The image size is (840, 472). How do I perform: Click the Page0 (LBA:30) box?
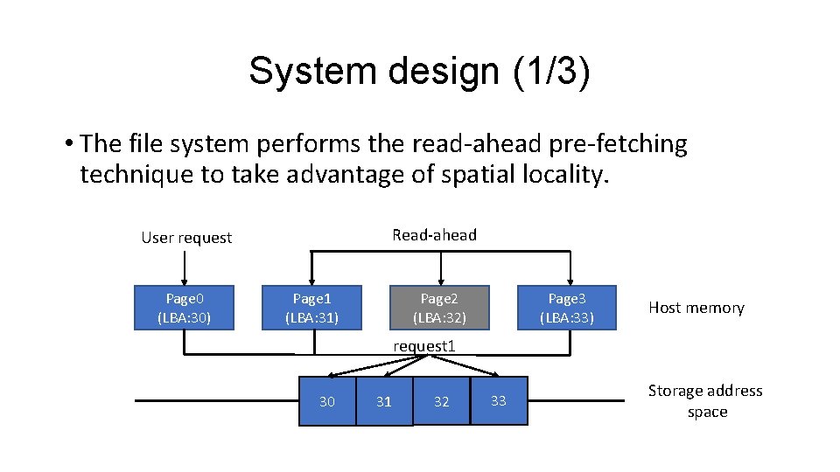coord(184,307)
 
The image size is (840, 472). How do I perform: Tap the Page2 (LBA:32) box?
coord(439,307)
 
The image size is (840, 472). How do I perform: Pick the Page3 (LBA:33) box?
coord(567,307)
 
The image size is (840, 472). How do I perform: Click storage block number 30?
coord(327,401)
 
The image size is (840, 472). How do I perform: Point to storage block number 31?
coord(383,401)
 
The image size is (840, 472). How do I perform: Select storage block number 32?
coord(441,401)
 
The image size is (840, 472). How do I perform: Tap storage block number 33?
coord(499,401)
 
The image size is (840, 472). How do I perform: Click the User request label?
coord(186,238)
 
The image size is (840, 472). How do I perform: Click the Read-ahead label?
coord(435,234)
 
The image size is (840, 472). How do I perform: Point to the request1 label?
coord(424,345)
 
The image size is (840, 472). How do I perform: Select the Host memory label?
coord(696,308)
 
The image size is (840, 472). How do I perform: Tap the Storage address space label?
coord(705,401)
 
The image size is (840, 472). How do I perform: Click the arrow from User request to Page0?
coord(184,267)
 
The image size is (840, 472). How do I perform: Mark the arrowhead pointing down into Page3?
coord(570,279)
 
